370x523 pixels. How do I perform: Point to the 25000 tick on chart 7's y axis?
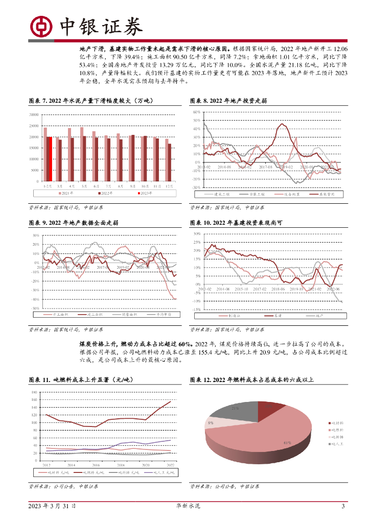click(34, 126)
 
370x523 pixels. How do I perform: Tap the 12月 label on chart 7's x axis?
click(169, 186)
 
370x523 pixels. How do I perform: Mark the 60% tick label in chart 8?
click(196, 112)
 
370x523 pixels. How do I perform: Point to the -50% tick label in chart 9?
click(36, 308)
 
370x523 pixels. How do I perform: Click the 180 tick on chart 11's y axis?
click(34, 392)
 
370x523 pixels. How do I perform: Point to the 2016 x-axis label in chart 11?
click(96, 465)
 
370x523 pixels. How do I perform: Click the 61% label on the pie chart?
click(287, 442)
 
